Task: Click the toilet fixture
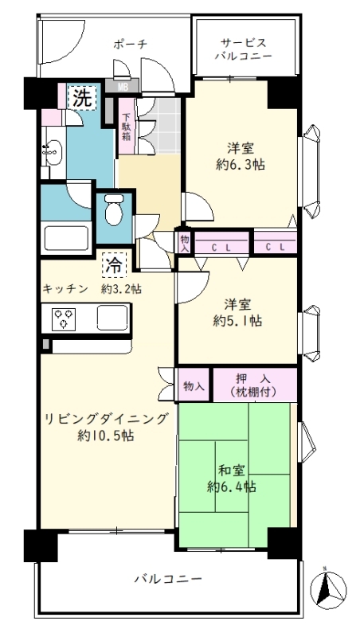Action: pyautogui.click(x=114, y=209)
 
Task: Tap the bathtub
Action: pyautogui.click(x=66, y=237)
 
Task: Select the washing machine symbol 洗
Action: pyautogui.click(x=82, y=98)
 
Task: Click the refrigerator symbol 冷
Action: pyautogui.click(x=114, y=264)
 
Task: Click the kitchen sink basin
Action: pyautogui.click(x=112, y=317)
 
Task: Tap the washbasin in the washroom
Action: pyautogui.click(x=52, y=152)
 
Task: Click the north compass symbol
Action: pyautogui.click(x=328, y=588)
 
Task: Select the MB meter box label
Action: pyautogui.click(x=122, y=86)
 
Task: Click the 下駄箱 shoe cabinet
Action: pyautogui.click(x=127, y=127)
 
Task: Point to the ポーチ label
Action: pyautogui.click(x=130, y=45)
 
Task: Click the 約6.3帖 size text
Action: pyautogui.click(x=241, y=165)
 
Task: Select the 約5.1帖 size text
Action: pyautogui.click(x=237, y=321)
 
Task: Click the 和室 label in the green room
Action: pyautogui.click(x=231, y=471)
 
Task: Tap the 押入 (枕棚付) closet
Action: pyautogui.click(x=255, y=385)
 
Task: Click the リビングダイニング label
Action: pyautogui.click(x=106, y=419)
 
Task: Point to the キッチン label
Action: pyautogui.click(x=65, y=289)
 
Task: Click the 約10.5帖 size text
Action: pyautogui.click(x=106, y=436)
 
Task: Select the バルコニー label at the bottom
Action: pyautogui.click(x=168, y=578)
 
